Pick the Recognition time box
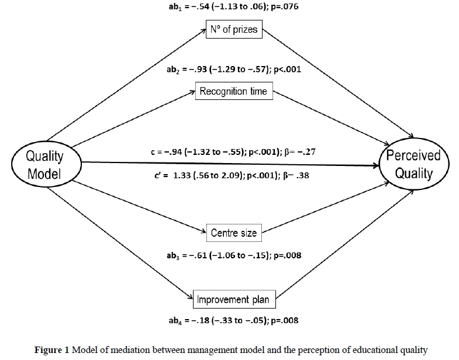point(233,91)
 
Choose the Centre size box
point(233,233)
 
